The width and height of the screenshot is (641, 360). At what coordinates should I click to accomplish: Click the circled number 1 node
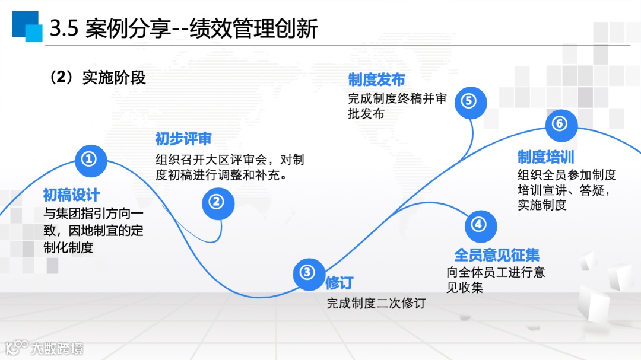[89, 158]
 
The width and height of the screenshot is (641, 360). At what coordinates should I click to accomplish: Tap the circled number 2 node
[218, 202]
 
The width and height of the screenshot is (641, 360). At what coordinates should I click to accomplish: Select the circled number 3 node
[308, 273]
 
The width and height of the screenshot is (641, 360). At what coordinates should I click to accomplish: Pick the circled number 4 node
[479, 225]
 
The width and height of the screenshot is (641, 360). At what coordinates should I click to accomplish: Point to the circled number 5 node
[469, 101]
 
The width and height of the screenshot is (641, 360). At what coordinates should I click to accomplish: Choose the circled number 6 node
[560, 123]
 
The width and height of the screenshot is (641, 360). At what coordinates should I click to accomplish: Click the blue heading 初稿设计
[72, 195]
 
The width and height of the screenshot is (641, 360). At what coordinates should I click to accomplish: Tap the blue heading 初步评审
[183, 139]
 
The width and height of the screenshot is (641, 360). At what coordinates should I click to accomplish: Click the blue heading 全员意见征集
[497, 255]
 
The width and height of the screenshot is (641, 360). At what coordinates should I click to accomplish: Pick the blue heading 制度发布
[376, 80]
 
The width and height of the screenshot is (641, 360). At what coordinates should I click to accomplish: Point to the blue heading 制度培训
[545, 157]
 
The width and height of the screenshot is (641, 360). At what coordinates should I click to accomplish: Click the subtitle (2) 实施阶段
[99, 78]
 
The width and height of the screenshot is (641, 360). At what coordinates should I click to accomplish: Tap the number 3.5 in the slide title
[64, 28]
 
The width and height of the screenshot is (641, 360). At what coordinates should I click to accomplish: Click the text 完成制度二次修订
[376, 303]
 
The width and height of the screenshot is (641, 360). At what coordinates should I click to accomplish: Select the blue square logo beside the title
[27, 26]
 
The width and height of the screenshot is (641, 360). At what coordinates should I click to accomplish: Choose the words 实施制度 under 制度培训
[542, 205]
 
